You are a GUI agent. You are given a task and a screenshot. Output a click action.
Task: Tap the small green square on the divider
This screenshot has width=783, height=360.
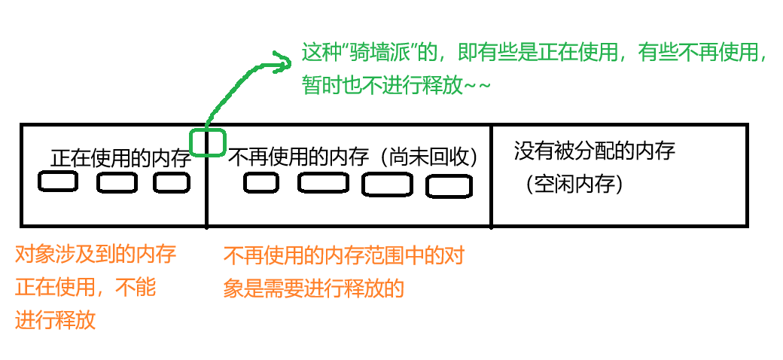(207, 142)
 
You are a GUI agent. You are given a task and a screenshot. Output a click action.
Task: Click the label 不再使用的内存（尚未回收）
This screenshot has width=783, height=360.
(353, 157)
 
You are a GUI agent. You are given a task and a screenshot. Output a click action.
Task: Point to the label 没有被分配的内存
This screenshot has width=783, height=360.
(594, 151)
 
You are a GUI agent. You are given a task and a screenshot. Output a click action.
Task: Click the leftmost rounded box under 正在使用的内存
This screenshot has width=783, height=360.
(57, 182)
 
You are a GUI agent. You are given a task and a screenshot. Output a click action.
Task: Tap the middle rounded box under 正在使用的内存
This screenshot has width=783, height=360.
(117, 182)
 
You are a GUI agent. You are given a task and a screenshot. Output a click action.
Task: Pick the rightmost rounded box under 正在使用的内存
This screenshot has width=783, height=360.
(172, 182)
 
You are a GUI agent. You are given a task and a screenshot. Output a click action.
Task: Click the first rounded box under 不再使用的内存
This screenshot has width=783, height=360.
(261, 182)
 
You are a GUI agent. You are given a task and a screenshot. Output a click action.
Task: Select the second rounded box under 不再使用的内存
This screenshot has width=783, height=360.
(322, 182)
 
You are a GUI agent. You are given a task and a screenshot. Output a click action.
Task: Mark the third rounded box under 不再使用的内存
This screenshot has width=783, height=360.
(387, 185)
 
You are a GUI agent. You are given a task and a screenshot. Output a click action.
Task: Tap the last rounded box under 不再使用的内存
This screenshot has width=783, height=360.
(449, 186)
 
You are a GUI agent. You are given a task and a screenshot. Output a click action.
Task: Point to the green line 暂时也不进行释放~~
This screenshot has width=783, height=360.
(396, 86)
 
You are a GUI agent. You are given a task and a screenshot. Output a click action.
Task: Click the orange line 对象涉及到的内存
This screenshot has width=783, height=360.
(95, 255)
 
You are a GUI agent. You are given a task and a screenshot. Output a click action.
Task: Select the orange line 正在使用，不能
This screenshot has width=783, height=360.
(85, 287)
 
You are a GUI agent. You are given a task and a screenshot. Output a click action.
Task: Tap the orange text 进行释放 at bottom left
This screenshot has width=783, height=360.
(55, 320)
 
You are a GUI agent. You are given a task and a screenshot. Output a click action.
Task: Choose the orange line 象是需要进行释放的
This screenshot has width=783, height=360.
(314, 288)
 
